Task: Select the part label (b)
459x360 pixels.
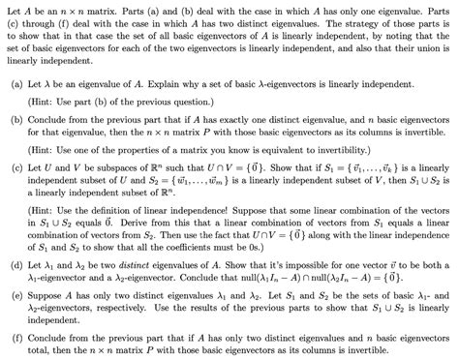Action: (x=16, y=115)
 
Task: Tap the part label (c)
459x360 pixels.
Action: (x=16, y=166)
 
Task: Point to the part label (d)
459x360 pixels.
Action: (x=16, y=264)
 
